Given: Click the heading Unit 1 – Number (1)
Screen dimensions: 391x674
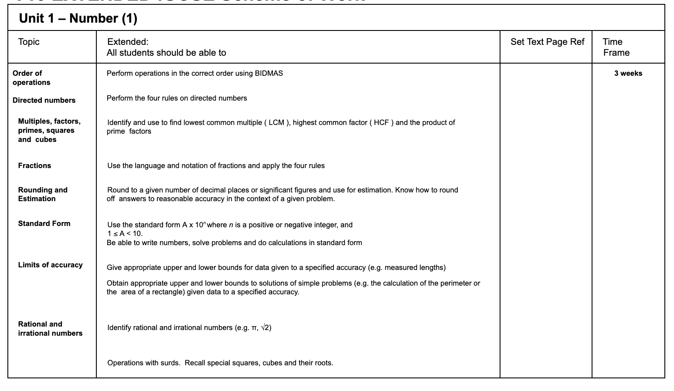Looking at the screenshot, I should pyautogui.click(x=78, y=18).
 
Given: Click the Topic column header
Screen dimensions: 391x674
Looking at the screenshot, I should pyautogui.click(x=29, y=42).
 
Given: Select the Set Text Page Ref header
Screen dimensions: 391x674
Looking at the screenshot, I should pyautogui.click(x=547, y=42).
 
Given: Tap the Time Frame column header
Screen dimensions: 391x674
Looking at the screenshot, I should pyautogui.click(x=616, y=47).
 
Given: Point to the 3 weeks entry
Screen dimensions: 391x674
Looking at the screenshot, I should pyautogui.click(x=628, y=73).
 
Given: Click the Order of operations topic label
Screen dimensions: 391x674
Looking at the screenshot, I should pyautogui.click(x=31, y=78).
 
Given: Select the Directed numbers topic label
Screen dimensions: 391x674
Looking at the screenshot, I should pyautogui.click(x=44, y=100).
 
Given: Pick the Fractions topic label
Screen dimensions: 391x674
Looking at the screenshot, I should pyautogui.click(x=34, y=165).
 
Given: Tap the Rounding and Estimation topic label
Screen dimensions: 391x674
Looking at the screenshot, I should pyautogui.click(x=43, y=194).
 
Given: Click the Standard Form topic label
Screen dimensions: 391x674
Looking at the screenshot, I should pyautogui.click(x=44, y=223).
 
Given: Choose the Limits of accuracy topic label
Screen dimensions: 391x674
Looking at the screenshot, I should pyautogui.click(x=50, y=265).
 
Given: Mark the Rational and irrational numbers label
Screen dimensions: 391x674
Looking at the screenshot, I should pyautogui.click(x=50, y=329).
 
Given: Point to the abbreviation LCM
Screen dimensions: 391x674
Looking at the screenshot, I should pyautogui.click(x=276, y=123).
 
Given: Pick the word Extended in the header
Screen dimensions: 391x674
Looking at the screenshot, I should pyautogui.click(x=127, y=42).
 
